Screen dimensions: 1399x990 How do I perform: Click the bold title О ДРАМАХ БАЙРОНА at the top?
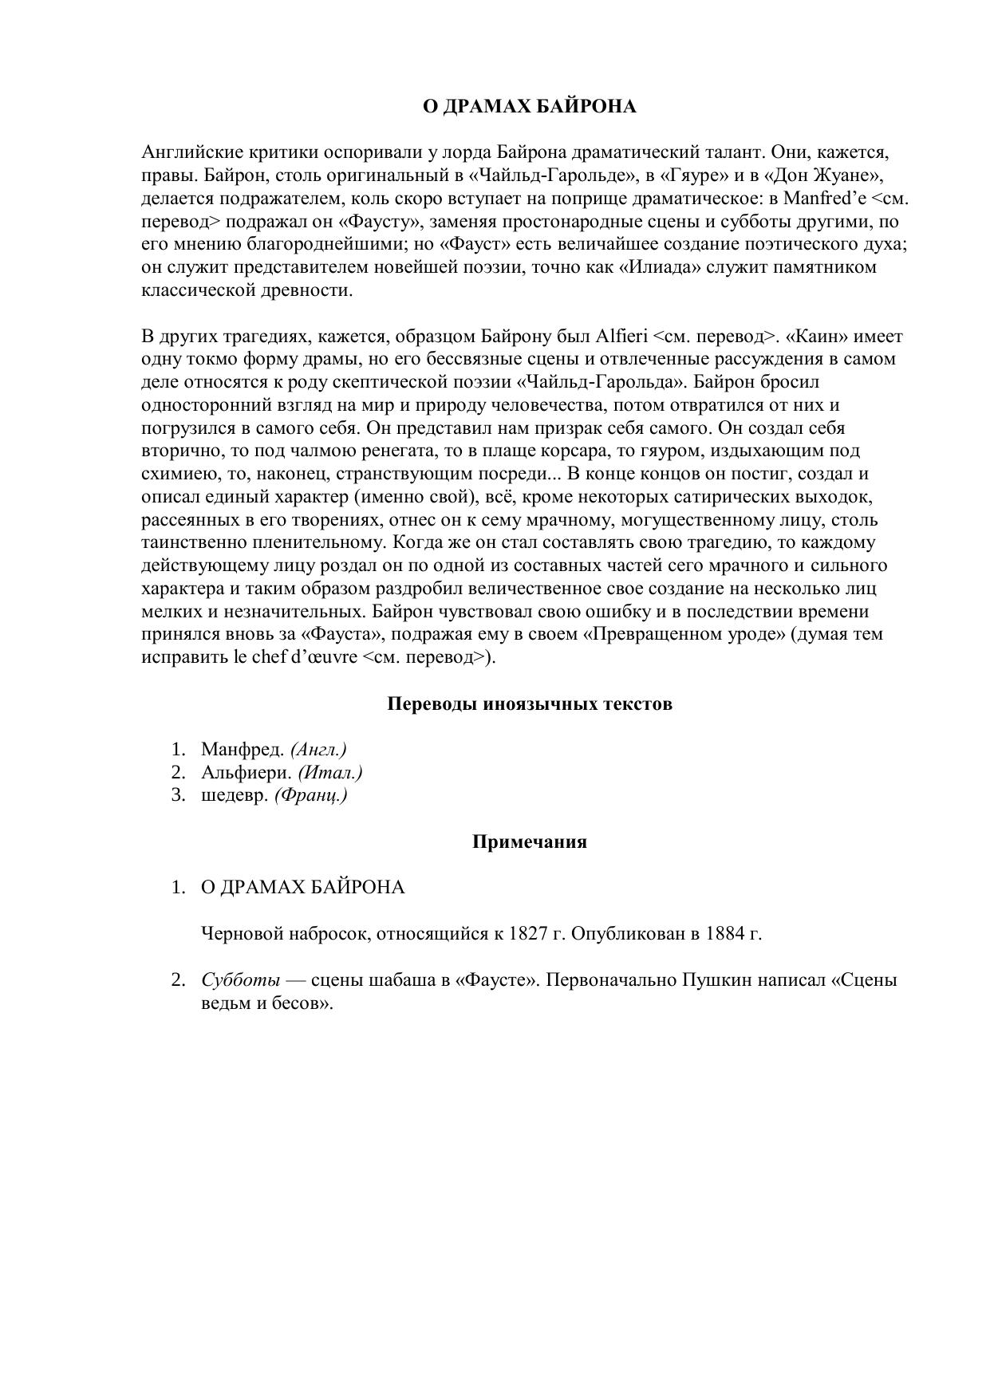click(529, 106)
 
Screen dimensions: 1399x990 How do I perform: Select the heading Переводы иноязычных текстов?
click(529, 703)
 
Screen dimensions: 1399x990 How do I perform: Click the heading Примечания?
click(529, 841)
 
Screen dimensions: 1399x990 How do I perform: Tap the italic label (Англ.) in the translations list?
click(318, 749)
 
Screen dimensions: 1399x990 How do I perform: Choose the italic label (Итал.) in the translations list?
click(329, 772)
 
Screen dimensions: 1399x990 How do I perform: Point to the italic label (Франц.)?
click(310, 795)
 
